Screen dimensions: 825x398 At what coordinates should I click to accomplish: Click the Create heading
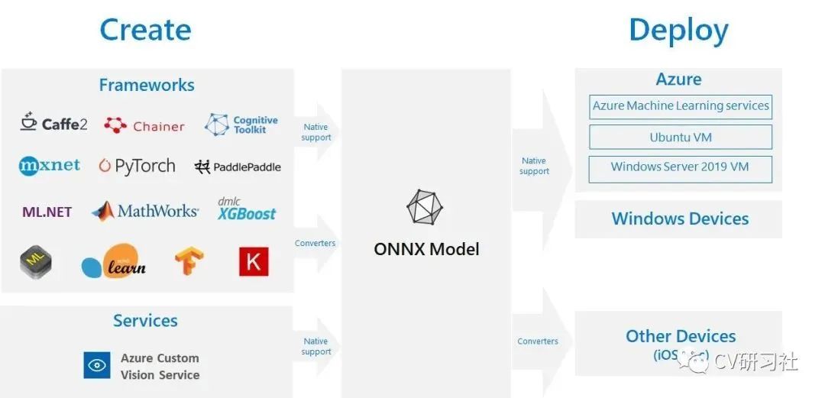[x=145, y=30]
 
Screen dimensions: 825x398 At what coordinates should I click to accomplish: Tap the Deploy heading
[x=678, y=31]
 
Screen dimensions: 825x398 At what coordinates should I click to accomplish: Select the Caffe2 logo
[x=53, y=123]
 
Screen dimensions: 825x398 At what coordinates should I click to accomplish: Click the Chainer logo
[x=144, y=125]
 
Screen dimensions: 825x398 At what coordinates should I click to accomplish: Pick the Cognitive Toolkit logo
[x=241, y=125]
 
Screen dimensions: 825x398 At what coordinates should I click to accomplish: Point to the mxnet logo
[x=50, y=166]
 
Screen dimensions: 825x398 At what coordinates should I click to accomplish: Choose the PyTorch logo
[x=137, y=166]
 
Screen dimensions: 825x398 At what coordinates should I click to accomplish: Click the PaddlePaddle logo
[x=238, y=167]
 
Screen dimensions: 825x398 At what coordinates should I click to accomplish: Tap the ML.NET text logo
[x=47, y=212]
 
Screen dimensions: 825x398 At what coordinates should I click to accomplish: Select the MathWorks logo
[x=145, y=211]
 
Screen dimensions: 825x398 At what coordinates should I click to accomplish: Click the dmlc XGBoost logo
[x=246, y=209]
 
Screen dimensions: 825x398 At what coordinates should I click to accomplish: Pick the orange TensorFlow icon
[x=189, y=261]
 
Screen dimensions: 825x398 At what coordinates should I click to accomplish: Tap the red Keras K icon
[x=253, y=261]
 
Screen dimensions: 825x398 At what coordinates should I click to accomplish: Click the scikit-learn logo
[x=114, y=262]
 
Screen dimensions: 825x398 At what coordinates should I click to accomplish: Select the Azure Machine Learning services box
[x=681, y=106]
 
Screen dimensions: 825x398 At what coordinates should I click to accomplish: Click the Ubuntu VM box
[x=681, y=138]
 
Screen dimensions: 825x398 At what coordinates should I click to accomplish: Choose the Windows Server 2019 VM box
[x=681, y=168]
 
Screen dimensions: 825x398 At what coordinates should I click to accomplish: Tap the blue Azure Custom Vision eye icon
[x=97, y=365]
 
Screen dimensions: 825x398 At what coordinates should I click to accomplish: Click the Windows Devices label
[x=680, y=218]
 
